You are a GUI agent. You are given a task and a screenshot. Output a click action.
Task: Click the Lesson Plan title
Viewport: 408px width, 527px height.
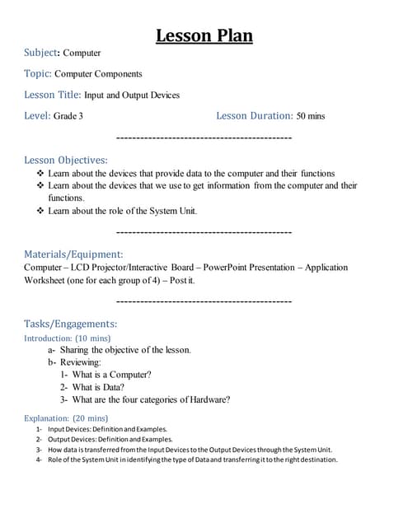point(204,35)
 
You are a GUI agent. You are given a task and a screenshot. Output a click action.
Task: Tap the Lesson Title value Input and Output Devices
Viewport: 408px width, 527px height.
point(132,95)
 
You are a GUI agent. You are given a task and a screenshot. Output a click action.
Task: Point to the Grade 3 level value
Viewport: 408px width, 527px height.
point(68,116)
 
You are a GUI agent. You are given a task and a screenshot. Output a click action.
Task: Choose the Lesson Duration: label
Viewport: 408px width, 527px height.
point(254,116)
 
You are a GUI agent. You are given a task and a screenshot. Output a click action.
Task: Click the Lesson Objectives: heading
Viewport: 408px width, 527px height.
point(66,160)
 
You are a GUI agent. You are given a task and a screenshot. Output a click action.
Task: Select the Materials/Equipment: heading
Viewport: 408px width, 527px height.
point(73,254)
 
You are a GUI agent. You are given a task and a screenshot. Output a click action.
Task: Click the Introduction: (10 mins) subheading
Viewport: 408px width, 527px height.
point(68,338)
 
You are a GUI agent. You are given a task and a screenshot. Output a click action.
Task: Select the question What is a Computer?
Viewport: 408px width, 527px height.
point(112,374)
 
